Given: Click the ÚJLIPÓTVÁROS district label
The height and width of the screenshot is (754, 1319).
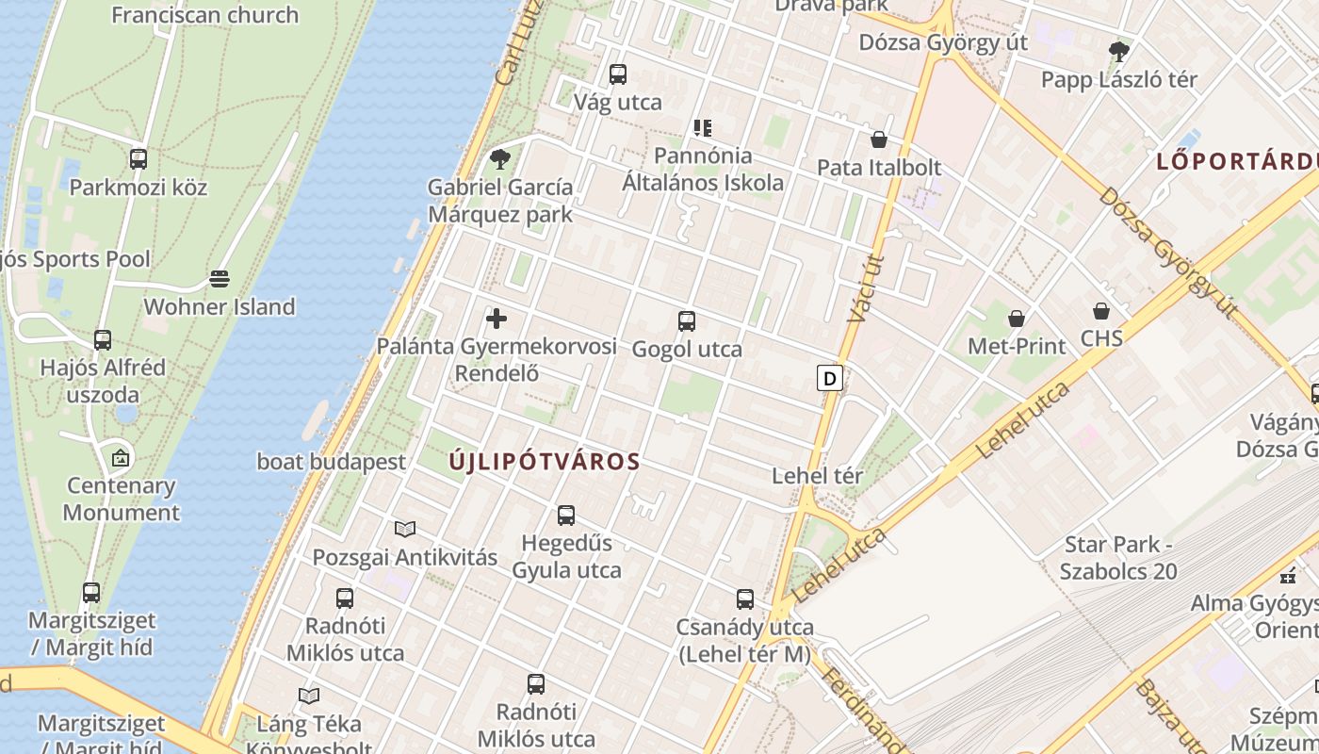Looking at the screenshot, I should tap(545, 462).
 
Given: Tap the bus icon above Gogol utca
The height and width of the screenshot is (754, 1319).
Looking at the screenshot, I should tap(687, 321).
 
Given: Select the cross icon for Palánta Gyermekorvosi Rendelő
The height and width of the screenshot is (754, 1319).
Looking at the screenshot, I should tap(497, 319).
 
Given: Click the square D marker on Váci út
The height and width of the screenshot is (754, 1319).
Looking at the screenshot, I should tap(829, 379).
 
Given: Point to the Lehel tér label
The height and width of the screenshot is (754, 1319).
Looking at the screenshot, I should tap(817, 476).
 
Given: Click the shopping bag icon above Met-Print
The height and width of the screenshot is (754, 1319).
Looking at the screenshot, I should tap(1017, 319).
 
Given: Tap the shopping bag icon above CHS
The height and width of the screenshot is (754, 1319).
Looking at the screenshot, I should tap(1101, 311).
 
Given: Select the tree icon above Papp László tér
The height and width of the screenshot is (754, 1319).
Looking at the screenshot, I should tap(1119, 51).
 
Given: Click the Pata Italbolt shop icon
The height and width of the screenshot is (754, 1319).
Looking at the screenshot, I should tap(879, 140).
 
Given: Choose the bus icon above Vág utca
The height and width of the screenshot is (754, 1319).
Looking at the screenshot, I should tap(618, 74).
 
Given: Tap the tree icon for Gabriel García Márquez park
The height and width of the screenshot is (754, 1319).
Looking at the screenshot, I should tap(500, 159).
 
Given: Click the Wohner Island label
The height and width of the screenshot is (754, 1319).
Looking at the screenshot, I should tap(219, 306).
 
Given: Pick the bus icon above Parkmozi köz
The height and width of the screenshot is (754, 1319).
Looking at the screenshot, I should tap(138, 159).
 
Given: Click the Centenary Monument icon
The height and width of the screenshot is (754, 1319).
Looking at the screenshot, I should tap(121, 459).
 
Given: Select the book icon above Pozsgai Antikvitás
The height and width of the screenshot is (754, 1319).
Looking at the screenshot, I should tap(405, 530).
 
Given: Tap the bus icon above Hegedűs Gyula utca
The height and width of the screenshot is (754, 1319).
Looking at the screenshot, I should tap(566, 516).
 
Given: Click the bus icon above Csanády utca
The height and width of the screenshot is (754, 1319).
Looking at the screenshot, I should tap(745, 599).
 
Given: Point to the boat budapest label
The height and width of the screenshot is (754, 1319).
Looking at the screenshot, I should tap(332, 462).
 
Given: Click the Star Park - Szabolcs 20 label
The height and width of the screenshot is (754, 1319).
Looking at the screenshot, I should tap(1118, 558).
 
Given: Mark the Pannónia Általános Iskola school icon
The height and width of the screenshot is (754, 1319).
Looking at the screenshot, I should tap(703, 127).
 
